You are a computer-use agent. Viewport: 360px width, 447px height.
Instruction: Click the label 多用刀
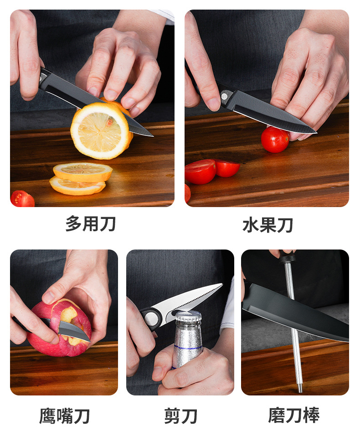[91, 223]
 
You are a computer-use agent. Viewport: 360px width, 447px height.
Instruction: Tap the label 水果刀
[268, 225]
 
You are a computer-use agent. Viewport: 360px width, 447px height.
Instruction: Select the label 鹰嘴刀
[64, 416]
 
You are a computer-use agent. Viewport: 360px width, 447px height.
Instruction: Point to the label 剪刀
[180, 416]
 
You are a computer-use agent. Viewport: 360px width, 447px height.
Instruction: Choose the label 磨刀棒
[294, 415]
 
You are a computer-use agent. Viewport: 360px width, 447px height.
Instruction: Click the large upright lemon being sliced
[101, 130]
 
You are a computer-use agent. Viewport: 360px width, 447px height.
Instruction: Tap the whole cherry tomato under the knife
[275, 140]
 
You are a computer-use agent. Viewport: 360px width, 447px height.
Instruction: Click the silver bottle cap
[188, 317]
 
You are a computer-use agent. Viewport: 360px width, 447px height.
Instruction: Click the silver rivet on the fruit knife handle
[224, 96]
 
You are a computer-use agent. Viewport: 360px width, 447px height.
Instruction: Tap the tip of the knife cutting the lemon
[153, 136]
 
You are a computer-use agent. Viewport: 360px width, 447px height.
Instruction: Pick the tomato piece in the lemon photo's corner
[22, 199]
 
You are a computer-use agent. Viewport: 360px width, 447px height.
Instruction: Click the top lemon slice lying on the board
[82, 172]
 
